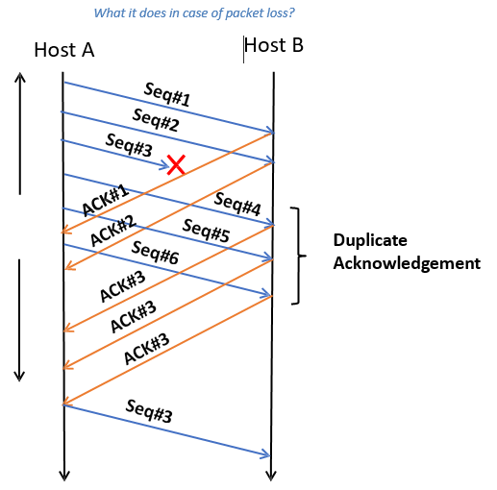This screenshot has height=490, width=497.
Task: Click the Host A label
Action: point(63,51)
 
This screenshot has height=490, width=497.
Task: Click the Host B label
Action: point(274,46)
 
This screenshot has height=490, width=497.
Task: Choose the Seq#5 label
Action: point(206,231)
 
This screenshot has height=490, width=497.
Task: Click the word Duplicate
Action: point(371,240)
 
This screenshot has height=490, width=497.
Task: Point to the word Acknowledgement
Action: point(407,262)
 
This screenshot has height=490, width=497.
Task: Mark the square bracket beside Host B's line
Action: point(299,256)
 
